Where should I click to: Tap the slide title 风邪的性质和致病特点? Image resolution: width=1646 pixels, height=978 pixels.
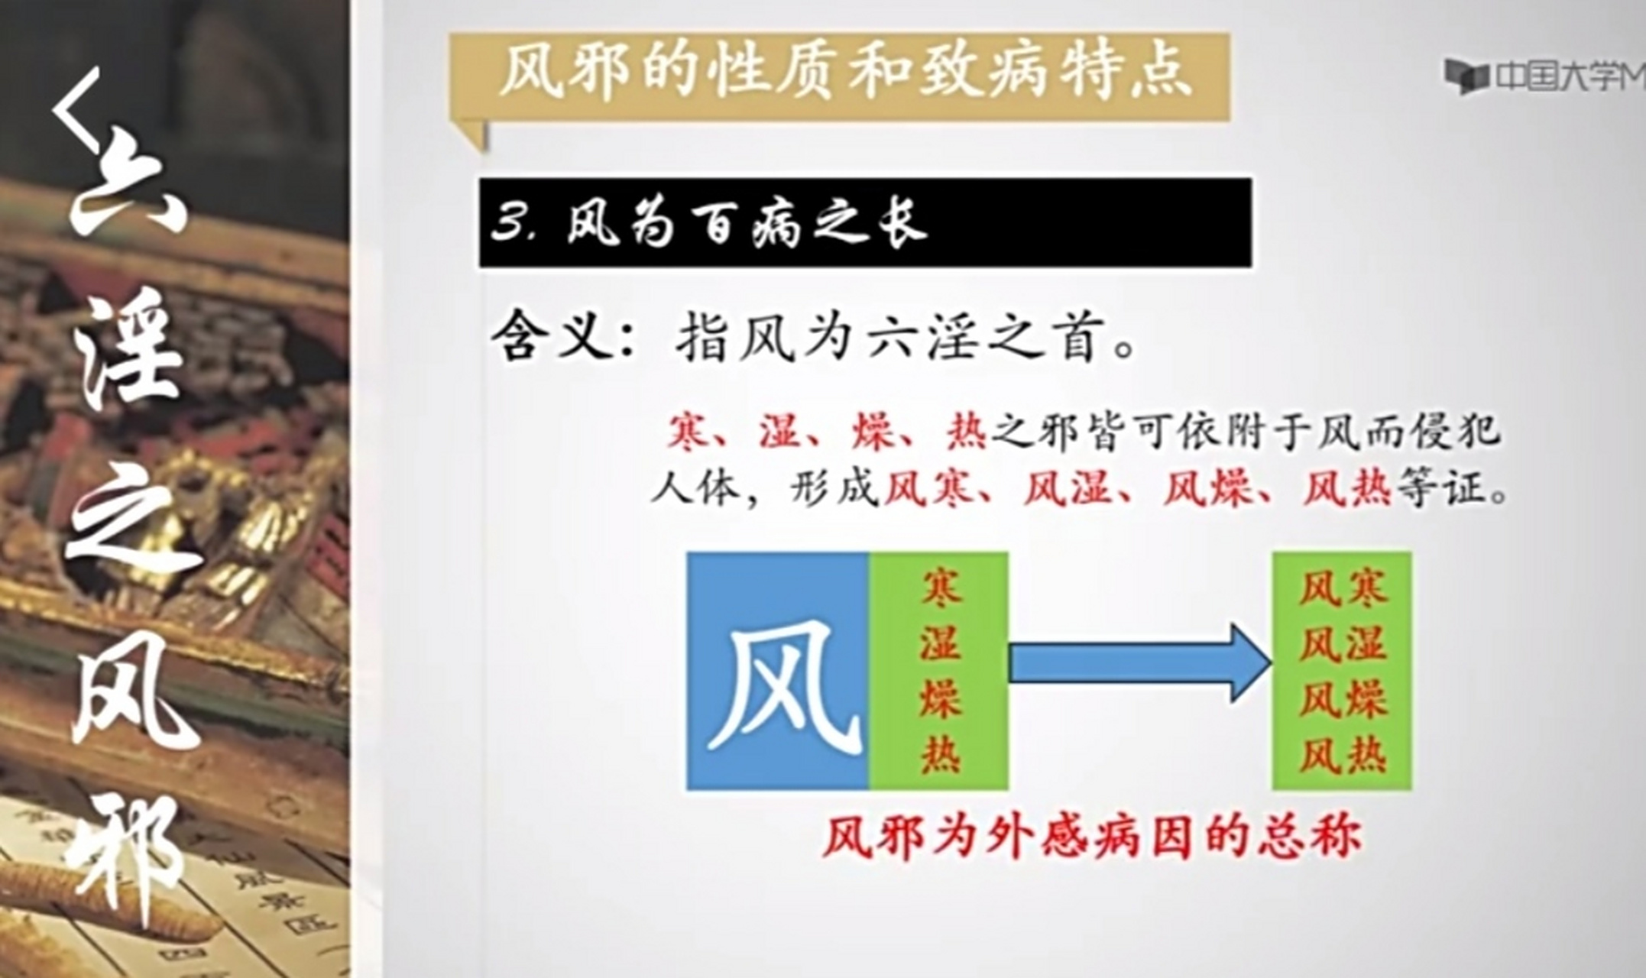click(x=844, y=73)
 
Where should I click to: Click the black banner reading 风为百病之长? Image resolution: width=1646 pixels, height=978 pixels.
click(x=864, y=222)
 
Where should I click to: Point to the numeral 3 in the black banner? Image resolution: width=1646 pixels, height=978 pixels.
click(x=510, y=224)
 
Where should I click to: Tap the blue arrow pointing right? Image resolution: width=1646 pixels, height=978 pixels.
click(x=1139, y=663)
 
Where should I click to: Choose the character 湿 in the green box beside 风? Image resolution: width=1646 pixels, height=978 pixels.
click(x=940, y=643)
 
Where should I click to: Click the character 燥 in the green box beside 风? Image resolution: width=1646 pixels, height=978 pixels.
click(x=940, y=699)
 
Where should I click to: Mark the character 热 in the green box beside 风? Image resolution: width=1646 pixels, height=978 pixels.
click(x=940, y=755)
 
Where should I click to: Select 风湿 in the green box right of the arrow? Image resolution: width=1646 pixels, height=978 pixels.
click(x=1342, y=643)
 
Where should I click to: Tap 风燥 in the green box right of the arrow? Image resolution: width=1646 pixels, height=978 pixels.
click(x=1342, y=699)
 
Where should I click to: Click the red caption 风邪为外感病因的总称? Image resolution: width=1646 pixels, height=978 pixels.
click(x=1093, y=837)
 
